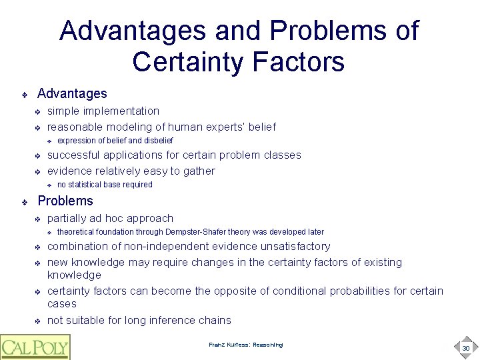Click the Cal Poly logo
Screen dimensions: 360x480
pyautogui.click(x=35, y=346)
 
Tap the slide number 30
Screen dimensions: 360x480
pyautogui.click(x=465, y=348)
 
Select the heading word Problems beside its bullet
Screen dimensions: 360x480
pyautogui.click(x=65, y=201)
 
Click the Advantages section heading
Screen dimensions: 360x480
pyautogui.click(x=72, y=94)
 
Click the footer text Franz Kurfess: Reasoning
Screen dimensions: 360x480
pyautogui.click(x=245, y=345)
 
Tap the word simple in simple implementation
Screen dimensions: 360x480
pyautogui.click(x=62, y=111)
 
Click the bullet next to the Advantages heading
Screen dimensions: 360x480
pyautogui.click(x=24, y=95)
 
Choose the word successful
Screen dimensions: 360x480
pyautogui.click(x=73, y=155)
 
